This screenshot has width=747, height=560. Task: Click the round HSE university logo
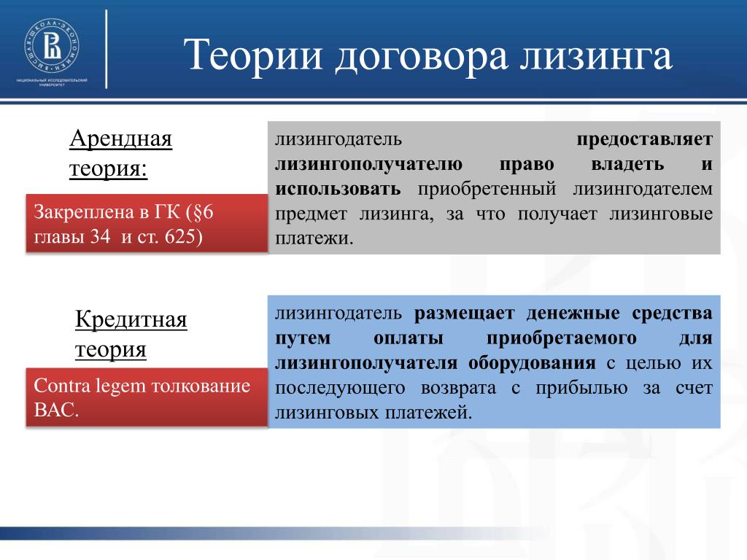click(x=52, y=46)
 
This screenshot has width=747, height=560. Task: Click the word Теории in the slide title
click(x=253, y=55)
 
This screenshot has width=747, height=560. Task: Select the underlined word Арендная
click(x=120, y=139)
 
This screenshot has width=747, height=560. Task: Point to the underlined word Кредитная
click(x=131, y=319)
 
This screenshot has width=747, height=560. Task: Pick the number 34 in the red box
click(x=100, y=236)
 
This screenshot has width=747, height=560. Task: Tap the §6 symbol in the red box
click(x=203, y=212)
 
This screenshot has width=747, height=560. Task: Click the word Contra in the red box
click(x=61, y=385)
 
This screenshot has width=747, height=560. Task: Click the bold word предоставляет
click(x=645, y=139)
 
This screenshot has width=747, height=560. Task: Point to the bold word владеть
click(x=627, y=164)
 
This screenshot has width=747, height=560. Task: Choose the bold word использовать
click(x=338, y=189)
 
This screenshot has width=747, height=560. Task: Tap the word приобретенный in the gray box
click(x=487, y=189)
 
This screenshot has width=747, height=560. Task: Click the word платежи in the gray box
click(x=312, y=238)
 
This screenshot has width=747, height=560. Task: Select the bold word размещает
click(x=465, y=314)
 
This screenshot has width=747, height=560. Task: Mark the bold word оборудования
click(x=532, y=363)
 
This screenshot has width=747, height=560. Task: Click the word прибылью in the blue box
click(x=581, y=388)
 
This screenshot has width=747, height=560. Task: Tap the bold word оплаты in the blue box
click(x=409, y=338)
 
